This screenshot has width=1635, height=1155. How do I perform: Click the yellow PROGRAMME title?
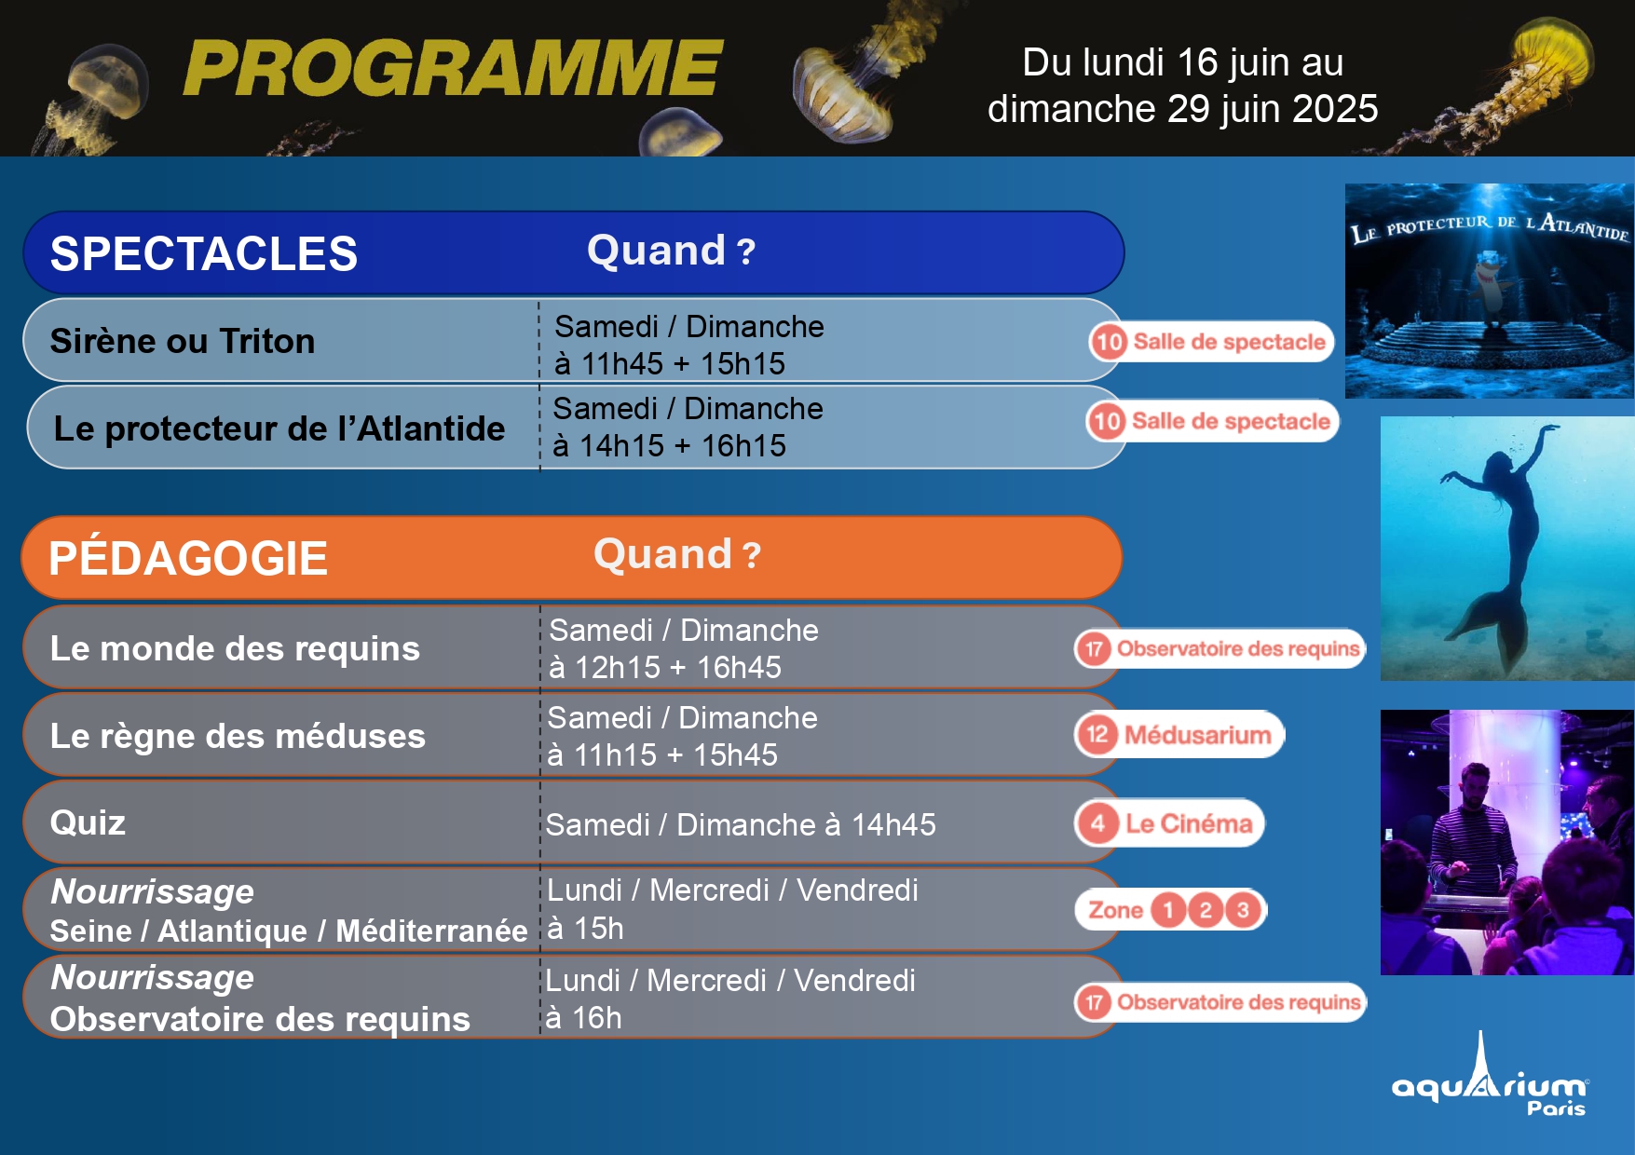(453, 68)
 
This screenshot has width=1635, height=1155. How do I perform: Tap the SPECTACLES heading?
(204, 253)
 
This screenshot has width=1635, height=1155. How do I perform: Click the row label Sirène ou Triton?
(183, 341)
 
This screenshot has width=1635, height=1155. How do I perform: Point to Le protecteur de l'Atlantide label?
(279, 428)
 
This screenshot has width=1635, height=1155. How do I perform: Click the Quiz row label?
(88, 822)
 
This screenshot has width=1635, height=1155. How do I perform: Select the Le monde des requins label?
(235, 648)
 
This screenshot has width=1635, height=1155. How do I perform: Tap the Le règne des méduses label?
(238, 736)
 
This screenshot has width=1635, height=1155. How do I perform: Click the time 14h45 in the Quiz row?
(893, 824)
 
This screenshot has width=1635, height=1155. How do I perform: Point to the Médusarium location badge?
(1180, 735)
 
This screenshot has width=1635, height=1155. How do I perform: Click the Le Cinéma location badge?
(1170, 823)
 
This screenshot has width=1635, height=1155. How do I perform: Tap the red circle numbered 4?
(1098, 823)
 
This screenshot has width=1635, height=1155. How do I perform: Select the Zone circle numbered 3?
(1242, 910)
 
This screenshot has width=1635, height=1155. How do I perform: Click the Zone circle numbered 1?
(1168, 910)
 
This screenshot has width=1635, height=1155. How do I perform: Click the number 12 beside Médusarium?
(1097, 735)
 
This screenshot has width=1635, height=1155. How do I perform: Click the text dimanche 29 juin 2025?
(1182, 109)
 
